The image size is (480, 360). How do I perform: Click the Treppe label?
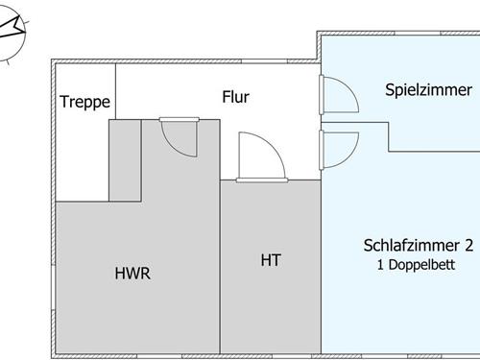click(x=85, y=102)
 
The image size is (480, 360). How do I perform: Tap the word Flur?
click(x=235, y=96)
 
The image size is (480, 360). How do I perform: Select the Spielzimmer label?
click(x=428, y=90)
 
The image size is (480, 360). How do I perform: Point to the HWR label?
click(x=132, y=273)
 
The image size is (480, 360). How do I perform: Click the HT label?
click(x=271, y=259)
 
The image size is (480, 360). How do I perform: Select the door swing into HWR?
click(x=180, y=136)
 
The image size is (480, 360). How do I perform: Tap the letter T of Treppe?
click(x=64, y=102)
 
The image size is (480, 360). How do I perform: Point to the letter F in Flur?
click(x=226, y=96)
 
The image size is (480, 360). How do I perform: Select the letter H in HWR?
click(x=120, y=273)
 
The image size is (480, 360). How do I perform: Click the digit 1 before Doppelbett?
click(x=380, y=263)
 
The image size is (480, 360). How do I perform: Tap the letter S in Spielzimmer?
click(x=390, y=90)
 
